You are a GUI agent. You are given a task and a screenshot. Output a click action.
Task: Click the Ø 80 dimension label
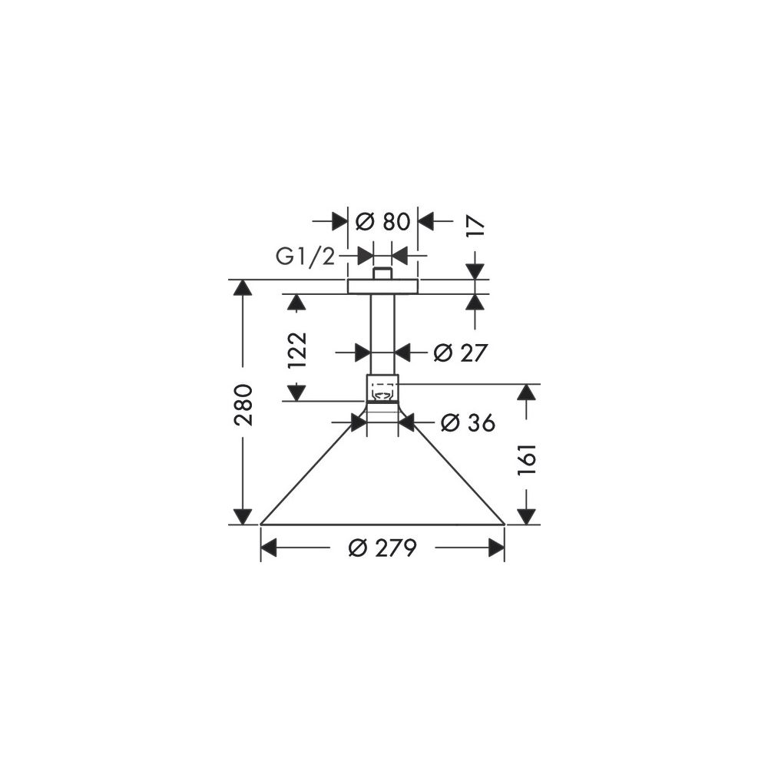click(382, 221)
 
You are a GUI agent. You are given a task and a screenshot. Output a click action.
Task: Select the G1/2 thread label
click(306, 257)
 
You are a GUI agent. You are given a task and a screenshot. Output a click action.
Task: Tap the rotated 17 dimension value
click(475, 227)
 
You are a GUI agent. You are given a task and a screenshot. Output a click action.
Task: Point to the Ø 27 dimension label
click(460, 353)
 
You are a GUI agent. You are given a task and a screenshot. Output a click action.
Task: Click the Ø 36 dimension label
click(468, 422)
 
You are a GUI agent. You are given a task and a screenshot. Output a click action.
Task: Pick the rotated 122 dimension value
click(296, 350)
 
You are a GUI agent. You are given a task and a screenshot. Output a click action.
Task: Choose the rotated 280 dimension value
click(243, 405)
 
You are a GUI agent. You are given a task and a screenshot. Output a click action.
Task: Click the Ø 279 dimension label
click(382, 548)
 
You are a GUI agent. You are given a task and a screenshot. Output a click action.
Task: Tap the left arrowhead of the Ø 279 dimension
click(269, 548)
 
